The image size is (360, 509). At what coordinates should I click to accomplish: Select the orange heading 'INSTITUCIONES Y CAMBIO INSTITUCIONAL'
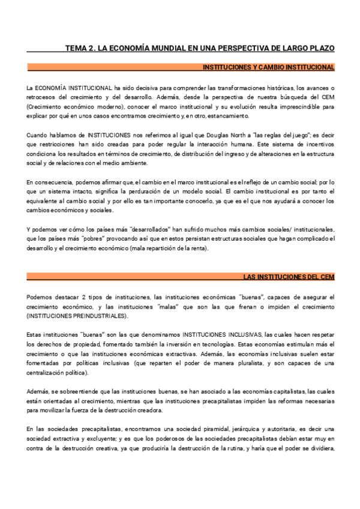[268, 67]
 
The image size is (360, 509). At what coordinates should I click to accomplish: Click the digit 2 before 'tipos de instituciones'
[83, 297]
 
